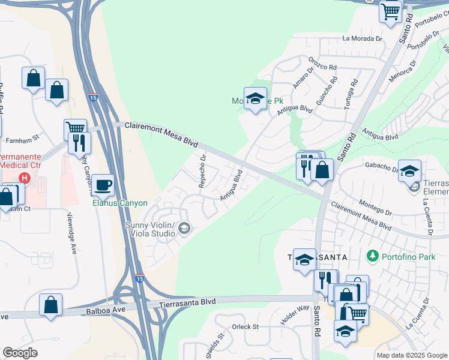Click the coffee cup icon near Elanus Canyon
tap(104, 185)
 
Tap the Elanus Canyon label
tap(119, 203)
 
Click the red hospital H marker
tap(25, 178)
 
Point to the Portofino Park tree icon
tap(373, 256)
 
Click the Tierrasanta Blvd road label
tap(187, 304)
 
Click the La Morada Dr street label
tap(362, 38)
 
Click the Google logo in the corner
tap(20, 353)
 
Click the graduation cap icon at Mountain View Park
tap(255, 98)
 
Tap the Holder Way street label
tap(295, 314)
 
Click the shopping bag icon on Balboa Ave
tap(51, 304)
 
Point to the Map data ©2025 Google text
tap(411, 355)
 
